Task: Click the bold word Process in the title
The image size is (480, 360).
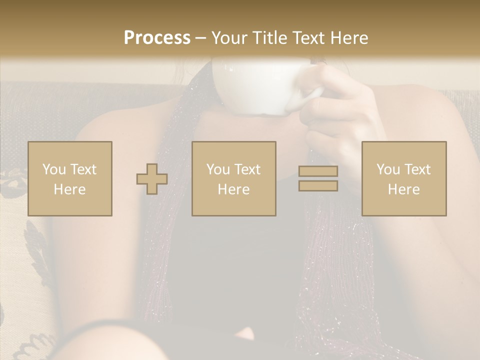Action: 157,38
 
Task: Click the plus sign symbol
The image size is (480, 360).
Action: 152,179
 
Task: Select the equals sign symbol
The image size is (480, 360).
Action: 318,178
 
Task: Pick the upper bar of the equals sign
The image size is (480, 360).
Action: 318,171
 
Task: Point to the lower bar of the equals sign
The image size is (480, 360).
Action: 318,186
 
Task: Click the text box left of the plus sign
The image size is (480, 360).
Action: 70,178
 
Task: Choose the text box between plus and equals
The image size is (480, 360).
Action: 234,178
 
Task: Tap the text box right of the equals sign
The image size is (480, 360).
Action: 404,178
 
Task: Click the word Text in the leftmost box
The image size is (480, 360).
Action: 83,169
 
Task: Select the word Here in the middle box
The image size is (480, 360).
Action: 234,189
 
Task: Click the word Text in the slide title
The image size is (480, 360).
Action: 308,38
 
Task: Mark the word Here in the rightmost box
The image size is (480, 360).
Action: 404,189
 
